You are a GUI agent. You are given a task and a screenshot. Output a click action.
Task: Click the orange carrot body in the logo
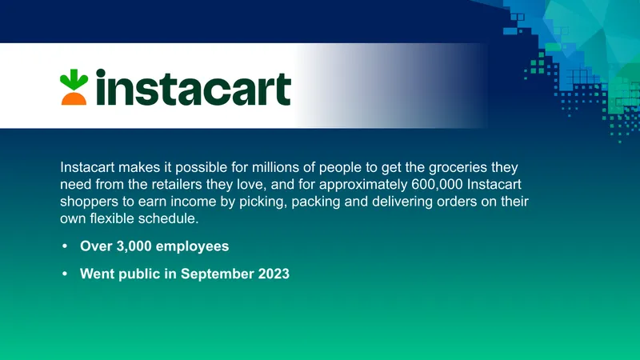pyautogui.click(x=74, y=98)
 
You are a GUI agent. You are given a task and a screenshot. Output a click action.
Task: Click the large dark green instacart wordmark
pyautogui.click(x=193, y=87)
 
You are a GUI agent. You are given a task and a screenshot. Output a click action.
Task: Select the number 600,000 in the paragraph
pyautogui.click(x=437, y=185)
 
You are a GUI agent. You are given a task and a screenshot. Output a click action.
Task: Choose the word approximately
pyautogui.click(x=363, y=186)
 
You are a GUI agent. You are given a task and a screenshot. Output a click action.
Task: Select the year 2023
pyautogui.click(x=274, y=274)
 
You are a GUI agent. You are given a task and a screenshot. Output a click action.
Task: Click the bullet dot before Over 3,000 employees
pyautogui.click(x=65, y=246)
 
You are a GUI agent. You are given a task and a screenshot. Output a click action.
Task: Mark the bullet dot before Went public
pyautogui.click(x=65, y=274)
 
